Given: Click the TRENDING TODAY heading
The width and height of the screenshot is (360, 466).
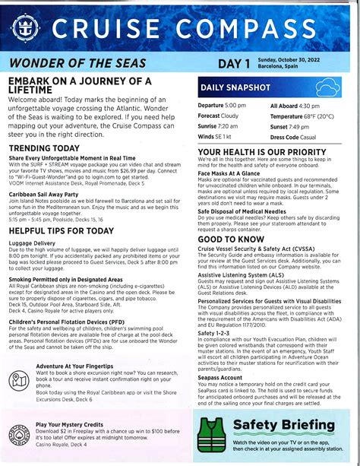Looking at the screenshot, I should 44,147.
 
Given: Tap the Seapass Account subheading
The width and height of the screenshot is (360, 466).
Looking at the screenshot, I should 220,377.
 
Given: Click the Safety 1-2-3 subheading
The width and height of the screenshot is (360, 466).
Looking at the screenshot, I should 215,332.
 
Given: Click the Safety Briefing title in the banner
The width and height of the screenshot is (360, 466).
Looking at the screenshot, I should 283,424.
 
